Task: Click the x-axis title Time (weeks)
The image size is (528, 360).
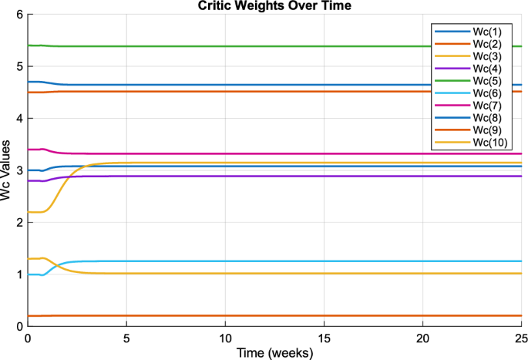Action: point(274,352)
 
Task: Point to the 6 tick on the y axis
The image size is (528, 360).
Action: point(18,15)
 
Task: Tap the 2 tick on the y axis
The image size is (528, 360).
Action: point(18,222)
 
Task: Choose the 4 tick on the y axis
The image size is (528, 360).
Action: point(18,118)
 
